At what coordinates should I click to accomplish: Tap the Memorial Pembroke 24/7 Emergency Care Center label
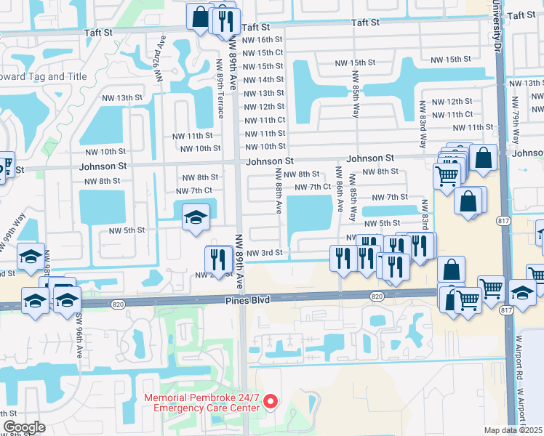(x=201, y=403)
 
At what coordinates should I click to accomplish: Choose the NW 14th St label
(x=263, y=79)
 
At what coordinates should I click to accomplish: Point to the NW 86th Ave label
(x=340, y=191)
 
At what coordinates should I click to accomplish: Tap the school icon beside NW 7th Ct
(x=195, y=217)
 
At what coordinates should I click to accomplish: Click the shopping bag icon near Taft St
(x=199, y=16)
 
